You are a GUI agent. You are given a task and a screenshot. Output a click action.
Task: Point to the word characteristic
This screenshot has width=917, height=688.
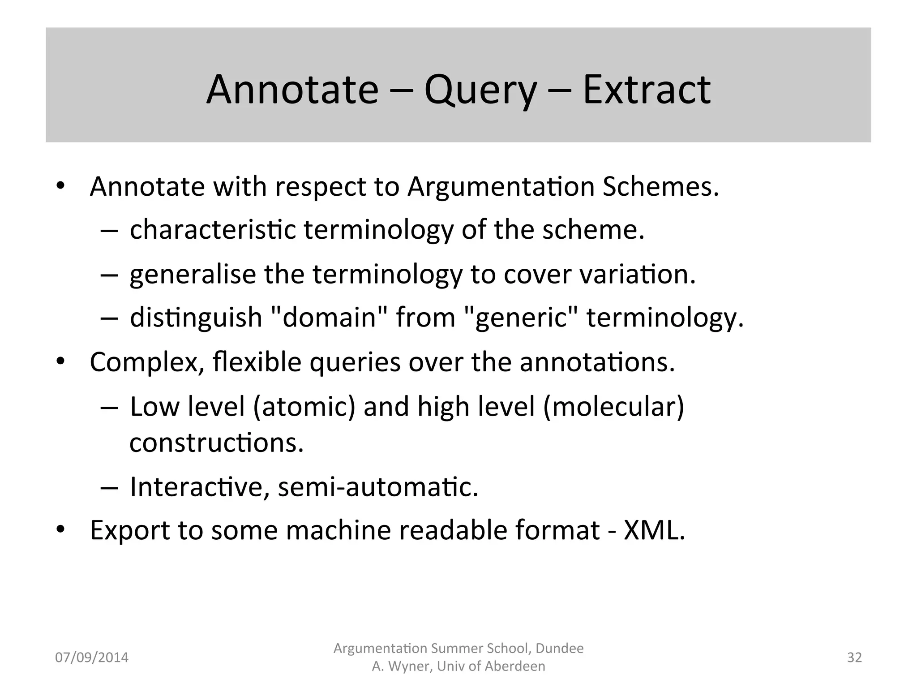click(x=213, y=230)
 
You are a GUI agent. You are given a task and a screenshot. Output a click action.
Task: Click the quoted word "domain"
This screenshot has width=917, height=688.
click(x=330, y=318)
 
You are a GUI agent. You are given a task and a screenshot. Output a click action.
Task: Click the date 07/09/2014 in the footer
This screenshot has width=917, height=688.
click(x=91, y=658)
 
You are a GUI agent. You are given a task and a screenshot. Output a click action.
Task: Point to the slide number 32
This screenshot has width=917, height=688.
click(x=854, y=658)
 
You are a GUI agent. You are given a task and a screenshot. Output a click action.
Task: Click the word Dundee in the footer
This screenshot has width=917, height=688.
click(x=560, y=649)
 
